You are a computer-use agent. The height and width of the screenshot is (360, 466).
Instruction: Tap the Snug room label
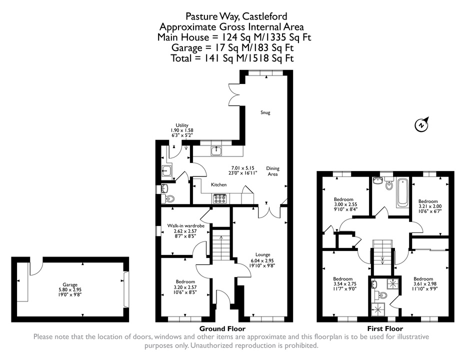pos(265,112)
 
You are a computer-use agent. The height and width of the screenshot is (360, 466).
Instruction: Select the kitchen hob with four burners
pos(220,198)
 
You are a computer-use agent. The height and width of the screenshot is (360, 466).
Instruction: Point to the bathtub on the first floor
pos(402,192)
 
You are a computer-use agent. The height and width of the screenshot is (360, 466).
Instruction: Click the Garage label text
pos(70,284)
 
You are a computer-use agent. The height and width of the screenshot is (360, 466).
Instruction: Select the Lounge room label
pos(262,254)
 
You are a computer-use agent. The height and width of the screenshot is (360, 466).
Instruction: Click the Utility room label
pos(182,125)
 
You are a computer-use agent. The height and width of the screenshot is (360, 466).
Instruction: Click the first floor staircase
pos(382,252)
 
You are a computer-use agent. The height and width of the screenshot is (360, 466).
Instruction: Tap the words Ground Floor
pos(222,328)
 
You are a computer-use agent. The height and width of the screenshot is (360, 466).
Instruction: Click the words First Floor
pos(385,328)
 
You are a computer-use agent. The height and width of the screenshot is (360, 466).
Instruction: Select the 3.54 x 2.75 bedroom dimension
pos(343,284)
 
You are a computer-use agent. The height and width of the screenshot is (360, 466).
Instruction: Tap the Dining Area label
pos(273,171)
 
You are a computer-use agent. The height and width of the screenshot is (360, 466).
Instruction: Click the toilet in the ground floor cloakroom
pos(168,198)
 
